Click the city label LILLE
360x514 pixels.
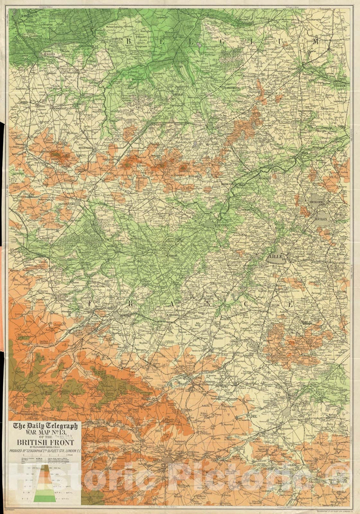click(x=276, y=259)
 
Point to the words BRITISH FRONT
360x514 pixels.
click(x=45, y=442)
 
